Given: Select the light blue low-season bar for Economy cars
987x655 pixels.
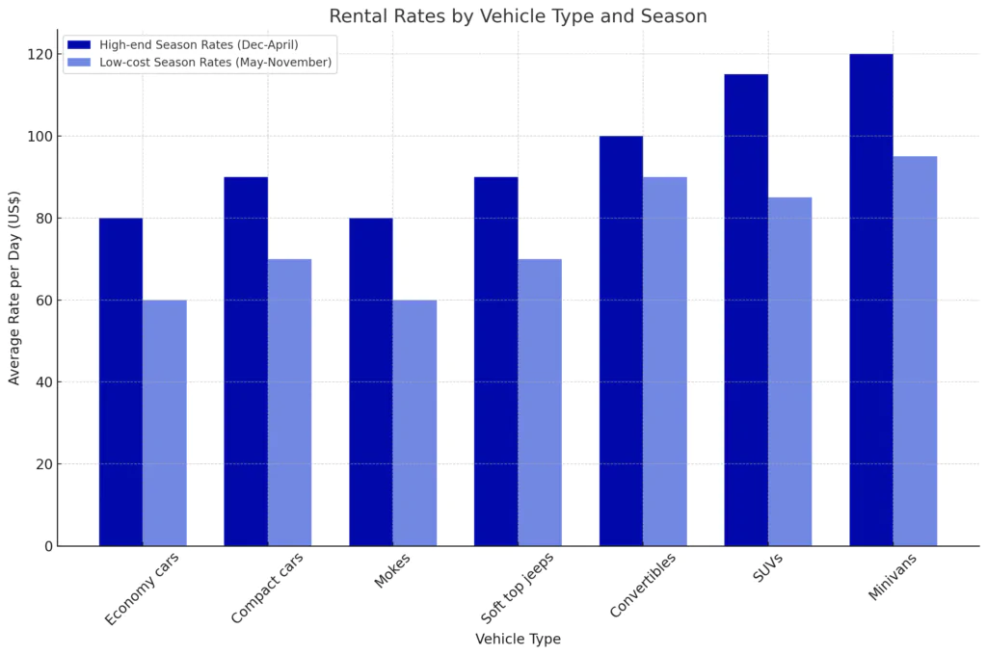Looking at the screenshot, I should point(165,423).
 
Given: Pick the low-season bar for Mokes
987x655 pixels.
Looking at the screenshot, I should point(414,423).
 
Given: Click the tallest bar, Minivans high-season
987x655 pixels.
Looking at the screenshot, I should point(871,300).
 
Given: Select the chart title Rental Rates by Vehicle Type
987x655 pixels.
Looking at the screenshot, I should point(518,16).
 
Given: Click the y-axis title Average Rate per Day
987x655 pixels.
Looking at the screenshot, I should point(14,300).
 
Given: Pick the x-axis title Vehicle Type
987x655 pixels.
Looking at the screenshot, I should point(518,639).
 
